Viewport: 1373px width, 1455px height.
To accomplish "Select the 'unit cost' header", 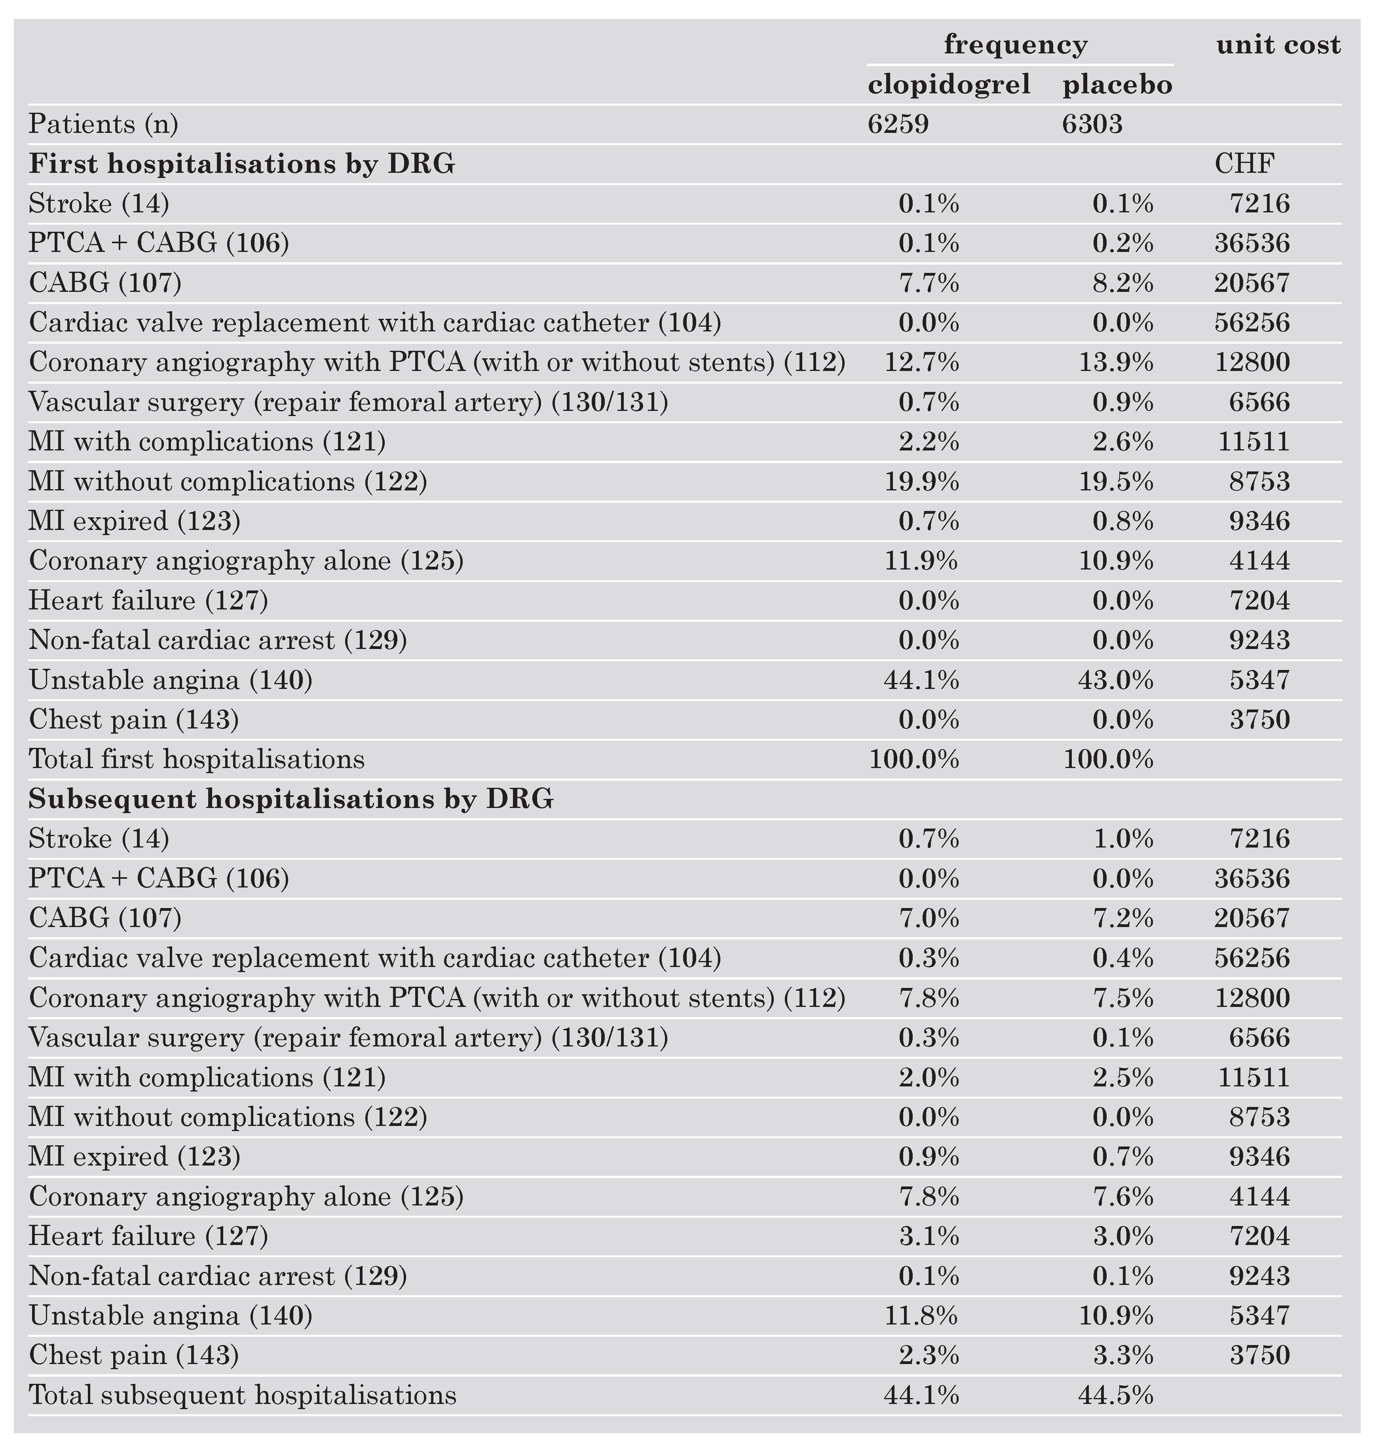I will pyautogui.click(x=1278, y=45).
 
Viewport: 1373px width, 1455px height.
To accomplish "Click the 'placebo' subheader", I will pyautogui.click(x=1117, y=85).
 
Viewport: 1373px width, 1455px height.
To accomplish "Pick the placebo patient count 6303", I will pyautogui.click(x=1092, y=125).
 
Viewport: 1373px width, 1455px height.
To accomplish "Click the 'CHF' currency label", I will pyautogui.click(x=1244, y=164).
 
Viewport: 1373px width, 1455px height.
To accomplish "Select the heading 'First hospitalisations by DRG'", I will pyautogui.click(x=242, y=164).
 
